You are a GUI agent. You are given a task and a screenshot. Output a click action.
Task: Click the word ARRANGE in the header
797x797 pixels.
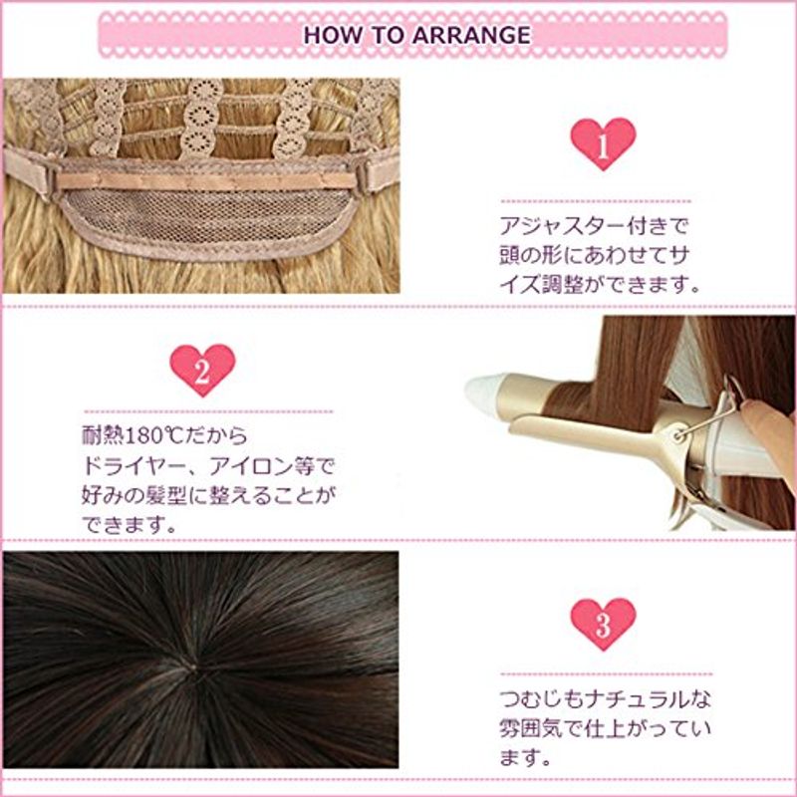470,35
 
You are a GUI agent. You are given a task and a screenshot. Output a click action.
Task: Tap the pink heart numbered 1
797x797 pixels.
603,143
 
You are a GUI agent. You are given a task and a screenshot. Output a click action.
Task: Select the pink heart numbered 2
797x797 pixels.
202,370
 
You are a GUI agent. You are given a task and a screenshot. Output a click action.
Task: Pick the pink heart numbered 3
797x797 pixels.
603,624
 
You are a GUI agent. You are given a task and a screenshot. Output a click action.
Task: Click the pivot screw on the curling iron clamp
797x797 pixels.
676,435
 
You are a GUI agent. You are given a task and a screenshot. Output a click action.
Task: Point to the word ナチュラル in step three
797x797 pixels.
638,700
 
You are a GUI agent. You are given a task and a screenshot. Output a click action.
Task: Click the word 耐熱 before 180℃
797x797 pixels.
101,435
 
